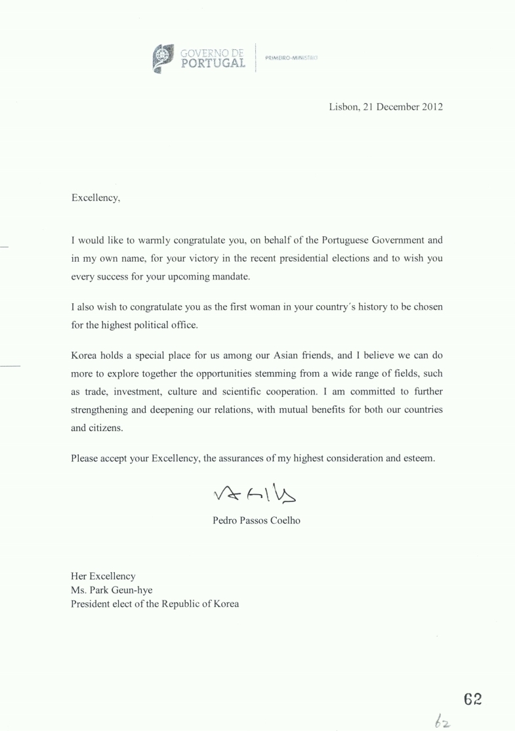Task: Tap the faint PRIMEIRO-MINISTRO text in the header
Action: tap(291, 58)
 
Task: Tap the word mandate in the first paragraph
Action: tap(230, 276)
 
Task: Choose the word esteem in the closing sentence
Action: tap(420, 459)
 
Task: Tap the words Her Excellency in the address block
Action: tap(103, 576)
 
